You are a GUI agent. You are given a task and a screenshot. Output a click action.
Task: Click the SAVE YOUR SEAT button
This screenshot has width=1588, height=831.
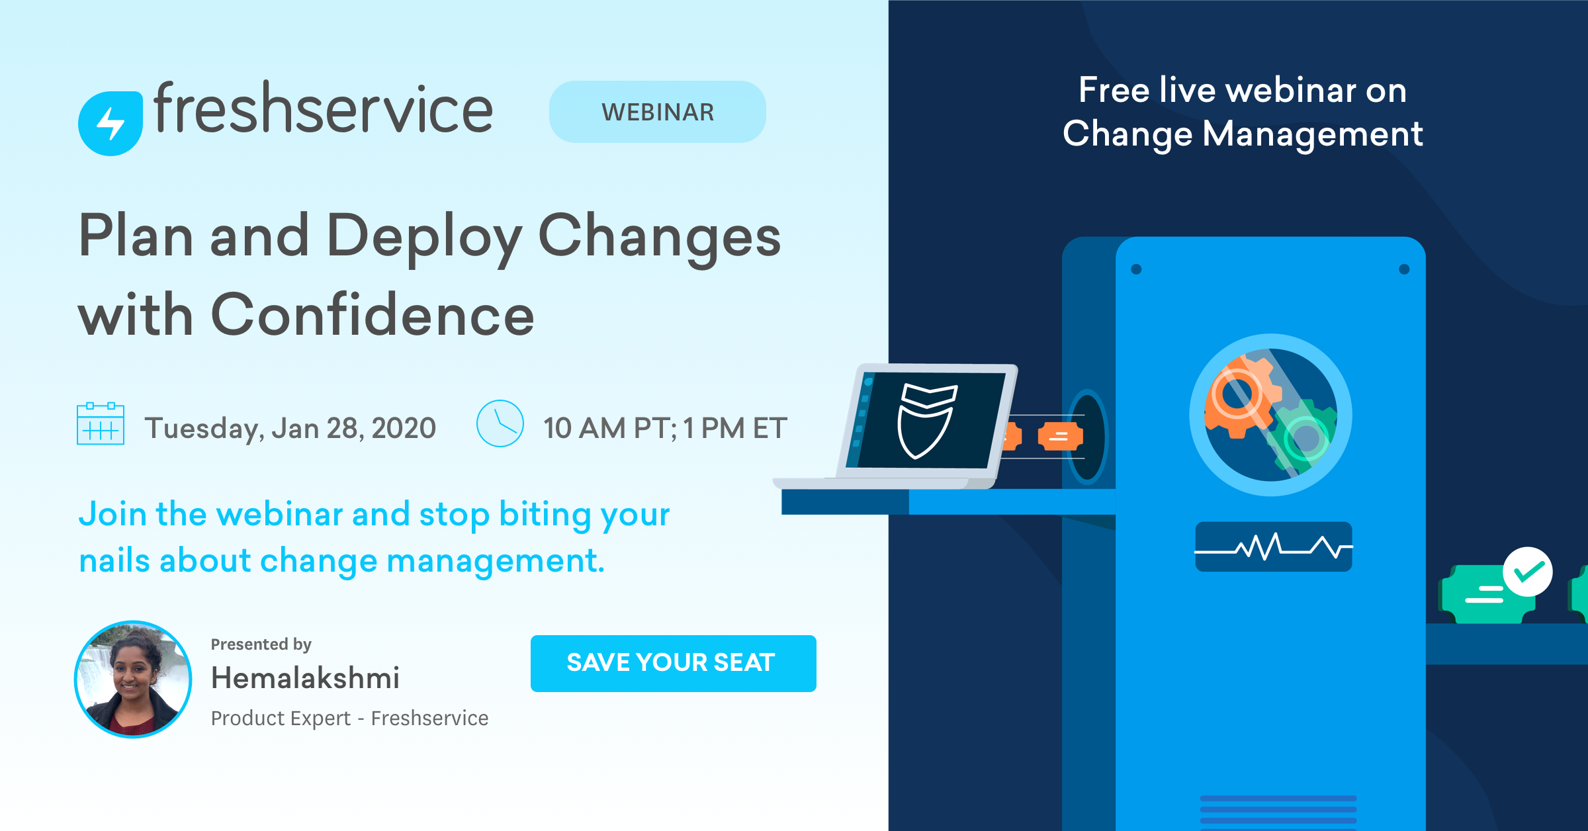pyautogui.click(x=673, y=663)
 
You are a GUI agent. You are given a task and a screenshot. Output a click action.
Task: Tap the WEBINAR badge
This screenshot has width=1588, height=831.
pyautogui.click(x=657, y=112)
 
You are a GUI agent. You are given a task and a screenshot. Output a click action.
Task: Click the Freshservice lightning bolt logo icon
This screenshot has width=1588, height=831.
pyautogui.click(x=110, y=123)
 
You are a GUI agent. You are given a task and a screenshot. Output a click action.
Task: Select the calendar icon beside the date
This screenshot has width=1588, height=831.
pyautogui.click(x=101, y=423)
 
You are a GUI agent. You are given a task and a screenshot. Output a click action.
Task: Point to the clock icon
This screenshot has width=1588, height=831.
pyautogui.click(x=500, y=423)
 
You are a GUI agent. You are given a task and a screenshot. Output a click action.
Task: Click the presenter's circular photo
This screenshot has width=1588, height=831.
pyautogui.click(x=133, y=679)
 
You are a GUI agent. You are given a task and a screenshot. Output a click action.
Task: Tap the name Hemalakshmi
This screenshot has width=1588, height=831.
pyautogui.click(x=305, y=678)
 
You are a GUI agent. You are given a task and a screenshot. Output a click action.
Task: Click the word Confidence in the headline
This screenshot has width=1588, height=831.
pyautogui.click(x=372, y=315)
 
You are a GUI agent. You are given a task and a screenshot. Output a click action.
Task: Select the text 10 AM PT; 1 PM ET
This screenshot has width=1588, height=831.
pyautogui.click(x=665, y=428)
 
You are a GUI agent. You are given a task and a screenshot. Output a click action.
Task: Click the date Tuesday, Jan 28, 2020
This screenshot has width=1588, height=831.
pyautogui.click(x=290, y=428)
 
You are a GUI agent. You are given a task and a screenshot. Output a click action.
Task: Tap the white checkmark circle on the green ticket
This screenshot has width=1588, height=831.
pyautogui.click(x=1527, y=572)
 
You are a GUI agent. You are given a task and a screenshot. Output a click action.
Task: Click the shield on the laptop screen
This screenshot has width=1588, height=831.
pyautogui.click(x=926, y=420)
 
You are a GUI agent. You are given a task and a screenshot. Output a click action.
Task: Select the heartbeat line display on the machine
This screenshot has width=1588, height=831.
pyautogui.click(x=1273, y=547)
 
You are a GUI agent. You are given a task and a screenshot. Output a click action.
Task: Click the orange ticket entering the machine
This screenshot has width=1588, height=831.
pyautogui.click(x=1060, y=436)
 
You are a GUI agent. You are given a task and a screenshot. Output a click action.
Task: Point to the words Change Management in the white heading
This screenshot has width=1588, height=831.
pyautogui.click(x=1242, y=134)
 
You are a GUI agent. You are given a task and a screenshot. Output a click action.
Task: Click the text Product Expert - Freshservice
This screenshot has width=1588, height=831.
pyautogui.click(x=349, y=718)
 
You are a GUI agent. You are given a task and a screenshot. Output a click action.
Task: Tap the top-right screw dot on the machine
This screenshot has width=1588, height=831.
pyautogui.click(x=1404, y=269)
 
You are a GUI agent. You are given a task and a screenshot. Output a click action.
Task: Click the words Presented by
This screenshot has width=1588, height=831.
pyautogui.click(x=261, y=644)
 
